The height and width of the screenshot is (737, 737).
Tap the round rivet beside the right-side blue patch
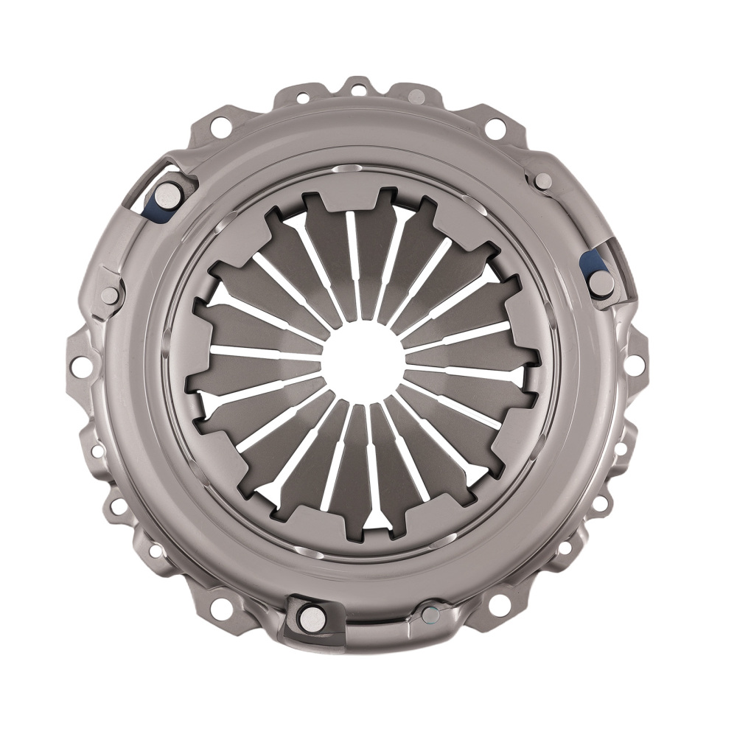600,283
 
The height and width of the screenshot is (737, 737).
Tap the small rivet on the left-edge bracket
109,296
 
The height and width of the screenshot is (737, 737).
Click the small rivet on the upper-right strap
543,181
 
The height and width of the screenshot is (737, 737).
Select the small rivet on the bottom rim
430,613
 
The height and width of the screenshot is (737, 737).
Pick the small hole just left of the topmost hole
302,97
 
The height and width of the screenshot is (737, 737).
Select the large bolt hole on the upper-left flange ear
219,127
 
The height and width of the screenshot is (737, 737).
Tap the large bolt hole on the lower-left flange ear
219,608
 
